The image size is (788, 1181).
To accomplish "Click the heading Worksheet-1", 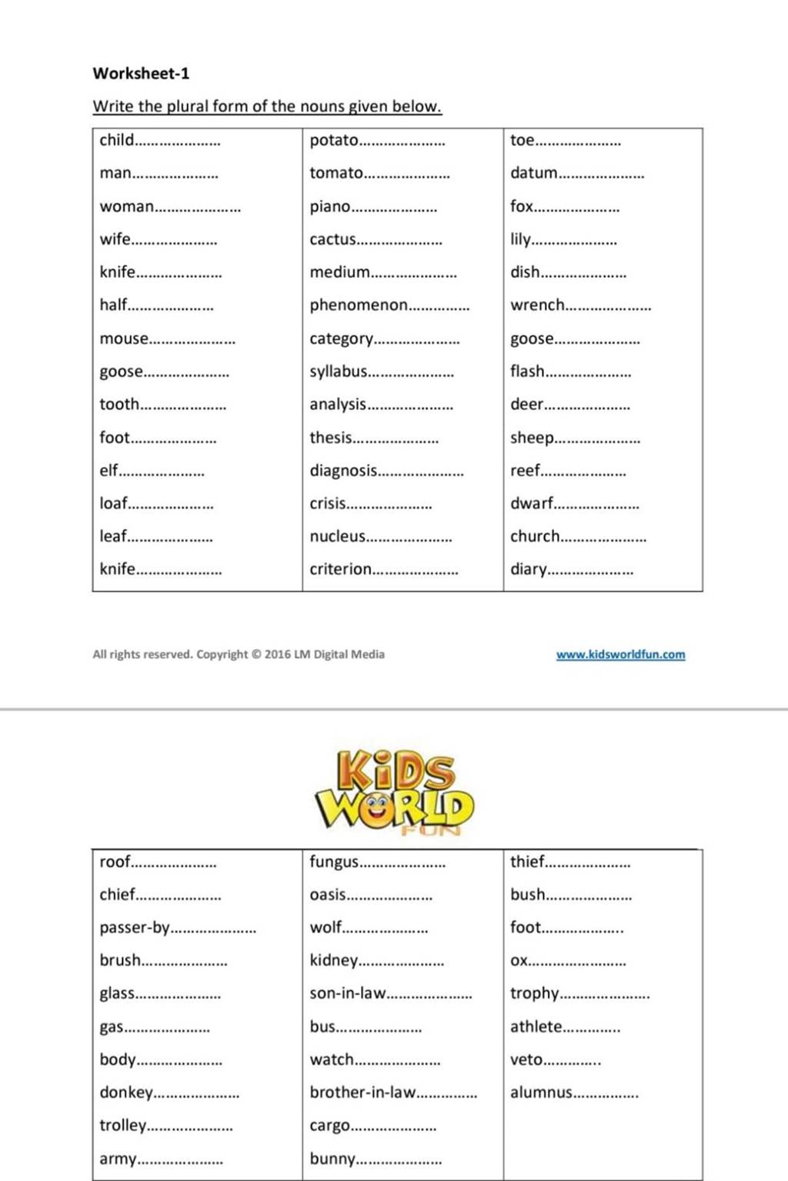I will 141,74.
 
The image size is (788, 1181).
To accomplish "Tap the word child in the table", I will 116,140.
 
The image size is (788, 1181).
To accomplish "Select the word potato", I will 334,140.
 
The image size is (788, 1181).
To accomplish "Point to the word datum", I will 533,173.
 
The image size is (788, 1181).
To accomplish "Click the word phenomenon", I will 359,305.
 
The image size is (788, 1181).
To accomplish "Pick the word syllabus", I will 339,372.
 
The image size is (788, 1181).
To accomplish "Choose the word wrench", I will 537,305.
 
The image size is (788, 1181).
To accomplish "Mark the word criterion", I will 340,569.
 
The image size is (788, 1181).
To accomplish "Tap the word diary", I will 528,569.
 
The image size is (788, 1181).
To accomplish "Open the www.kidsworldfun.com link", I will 620,655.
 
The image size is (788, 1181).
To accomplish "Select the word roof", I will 115,862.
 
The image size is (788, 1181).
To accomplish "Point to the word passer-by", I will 134,928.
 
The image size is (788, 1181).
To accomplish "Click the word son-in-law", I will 347,993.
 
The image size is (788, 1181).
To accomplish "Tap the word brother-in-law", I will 362,1093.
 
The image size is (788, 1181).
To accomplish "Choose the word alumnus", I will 541,1093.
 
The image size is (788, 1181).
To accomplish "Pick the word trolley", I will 122,1126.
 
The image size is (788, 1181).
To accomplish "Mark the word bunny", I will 332,1159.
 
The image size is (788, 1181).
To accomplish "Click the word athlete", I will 536,1026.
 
